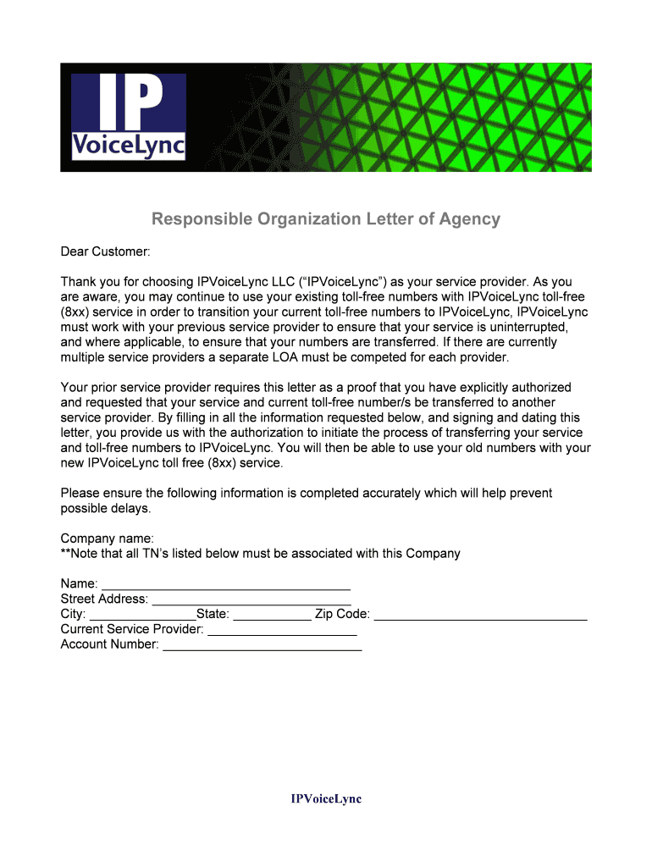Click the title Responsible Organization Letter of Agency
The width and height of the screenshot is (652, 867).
[326, 219]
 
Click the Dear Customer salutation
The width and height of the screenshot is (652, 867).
[105, 251]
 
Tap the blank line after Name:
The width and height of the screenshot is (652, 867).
[226, 584]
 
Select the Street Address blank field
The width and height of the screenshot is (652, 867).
[251, 599]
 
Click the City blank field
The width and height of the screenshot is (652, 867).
[142, 615]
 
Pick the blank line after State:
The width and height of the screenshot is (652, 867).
[272, 615]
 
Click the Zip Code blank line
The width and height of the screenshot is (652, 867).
[480, 615]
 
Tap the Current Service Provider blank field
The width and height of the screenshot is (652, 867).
[282, 630]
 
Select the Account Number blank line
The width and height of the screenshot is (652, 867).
[262, 645]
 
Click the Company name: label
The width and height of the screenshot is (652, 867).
[108, 538]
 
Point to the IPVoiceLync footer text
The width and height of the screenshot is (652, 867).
[326, 799]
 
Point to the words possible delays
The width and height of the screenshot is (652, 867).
[106, 508]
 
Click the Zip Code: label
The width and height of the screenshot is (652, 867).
[342, 614]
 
